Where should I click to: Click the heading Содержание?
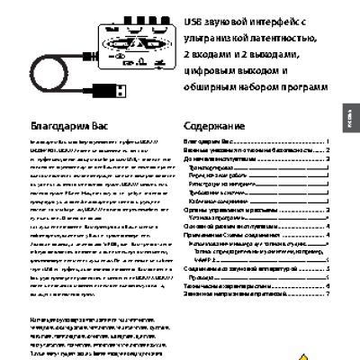[214, 128]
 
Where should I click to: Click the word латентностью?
[293, 37]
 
